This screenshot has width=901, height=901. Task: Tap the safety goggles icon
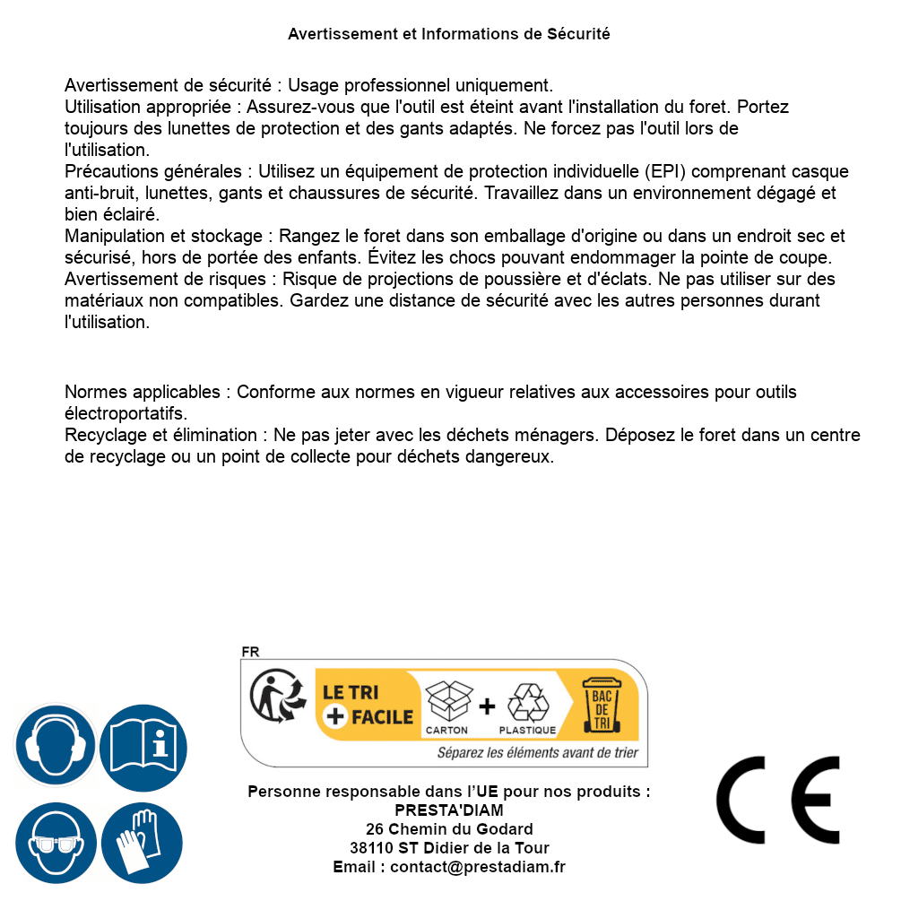point(56,843)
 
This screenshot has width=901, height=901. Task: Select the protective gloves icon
point(143,843)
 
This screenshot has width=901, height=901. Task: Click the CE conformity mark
point(778,801)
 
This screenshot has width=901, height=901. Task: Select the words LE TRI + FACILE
point(368,705)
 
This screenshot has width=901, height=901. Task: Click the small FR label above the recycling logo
point(250,652)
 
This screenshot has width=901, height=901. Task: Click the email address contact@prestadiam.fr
point(478,867)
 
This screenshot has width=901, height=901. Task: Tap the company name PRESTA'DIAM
point(449,810)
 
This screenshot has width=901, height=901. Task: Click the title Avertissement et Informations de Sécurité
point(449,34)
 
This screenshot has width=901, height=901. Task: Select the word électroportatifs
point(126,413)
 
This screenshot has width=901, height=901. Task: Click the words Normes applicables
point(142,392)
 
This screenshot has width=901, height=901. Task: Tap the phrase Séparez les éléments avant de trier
point(537,752)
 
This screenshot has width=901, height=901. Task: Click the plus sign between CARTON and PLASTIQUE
point(487,706)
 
